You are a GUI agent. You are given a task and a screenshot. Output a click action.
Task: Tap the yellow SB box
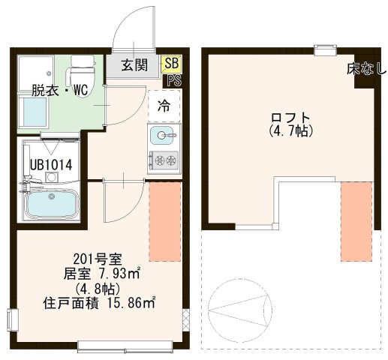point(170,63)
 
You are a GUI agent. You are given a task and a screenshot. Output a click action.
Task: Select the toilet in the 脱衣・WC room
point(80,76)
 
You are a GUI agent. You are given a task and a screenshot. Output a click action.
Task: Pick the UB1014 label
point(50,164)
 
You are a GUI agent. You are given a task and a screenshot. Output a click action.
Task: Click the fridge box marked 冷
point(163,106)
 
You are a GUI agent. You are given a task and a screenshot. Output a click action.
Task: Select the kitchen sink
point(163,136)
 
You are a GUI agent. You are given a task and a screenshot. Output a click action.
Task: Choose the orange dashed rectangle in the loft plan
point(355,220)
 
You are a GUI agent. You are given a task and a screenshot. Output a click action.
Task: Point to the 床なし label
point(365,70)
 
